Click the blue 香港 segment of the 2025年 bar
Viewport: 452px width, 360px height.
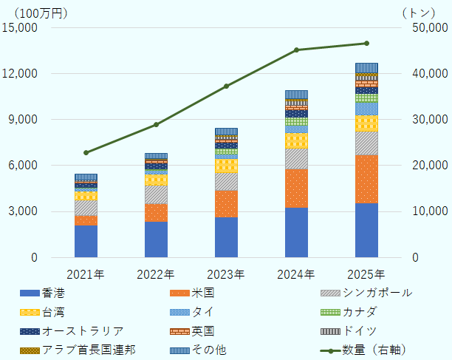click(366, 230)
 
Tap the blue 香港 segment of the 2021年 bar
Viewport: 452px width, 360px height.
click(86, 241)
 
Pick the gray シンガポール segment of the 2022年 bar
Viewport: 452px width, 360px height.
click(156, 194)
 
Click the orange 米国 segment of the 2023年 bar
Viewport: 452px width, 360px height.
click(226, 203)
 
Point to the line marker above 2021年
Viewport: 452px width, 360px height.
click(86, 152)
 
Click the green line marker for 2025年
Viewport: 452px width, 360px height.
click(366, 44)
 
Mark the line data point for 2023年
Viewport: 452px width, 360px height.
click(226, 86)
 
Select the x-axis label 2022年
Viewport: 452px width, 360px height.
click(156, 274)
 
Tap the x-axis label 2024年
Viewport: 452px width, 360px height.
click(296, 274)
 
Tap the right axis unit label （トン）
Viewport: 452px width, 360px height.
click(423, 11)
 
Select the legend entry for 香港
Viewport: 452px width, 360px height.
click(55, 293)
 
